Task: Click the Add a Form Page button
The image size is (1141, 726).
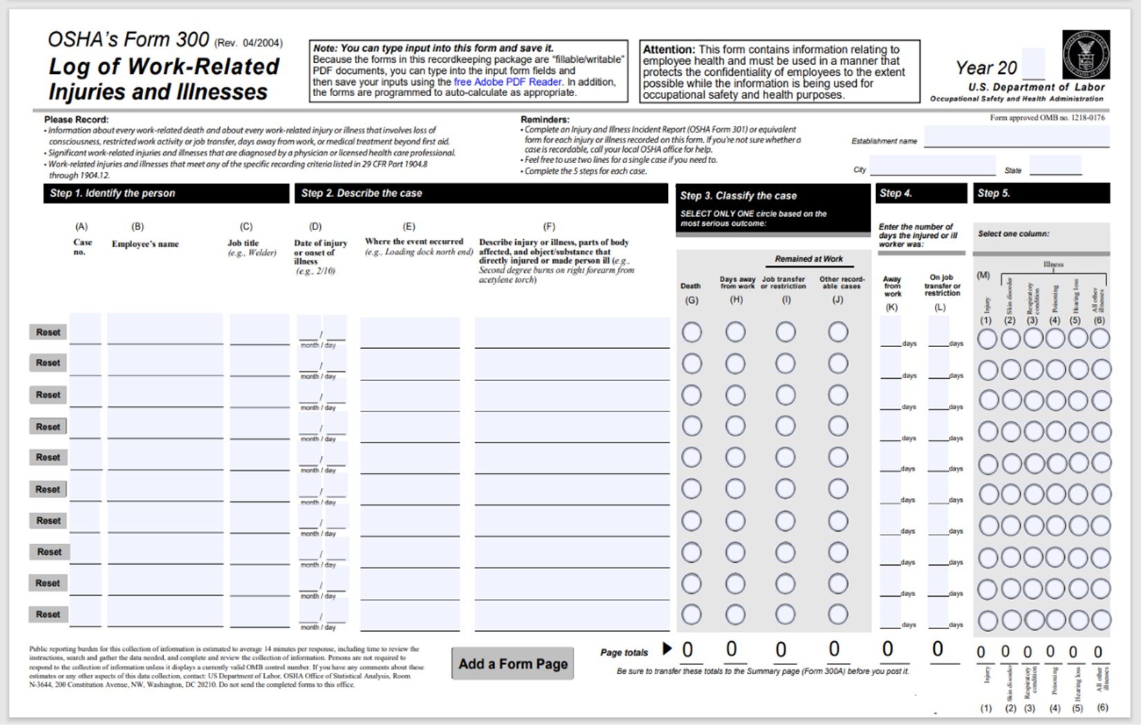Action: [x=512, y=664]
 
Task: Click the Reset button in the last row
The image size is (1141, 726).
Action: [x=48, y=614]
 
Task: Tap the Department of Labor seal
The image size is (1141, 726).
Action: [x=1086, y=55]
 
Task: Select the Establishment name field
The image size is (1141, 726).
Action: [x=1016, y=137]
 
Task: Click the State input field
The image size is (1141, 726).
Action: [x=1055, y=166]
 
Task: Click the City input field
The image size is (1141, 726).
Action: [x=931, y=167]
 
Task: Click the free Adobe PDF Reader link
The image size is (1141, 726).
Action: [x=507, y=82]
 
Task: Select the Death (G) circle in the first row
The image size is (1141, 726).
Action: [x=692, y=333]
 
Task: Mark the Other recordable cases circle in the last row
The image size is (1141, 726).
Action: [x=837, y=614]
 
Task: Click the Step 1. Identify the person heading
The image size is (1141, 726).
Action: [x=112, y=194]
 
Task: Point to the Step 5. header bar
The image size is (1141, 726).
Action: [x=1041, y=194]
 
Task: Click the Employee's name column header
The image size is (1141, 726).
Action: [x=145, y=244]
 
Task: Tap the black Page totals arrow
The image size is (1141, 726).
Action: [x=667, y=649]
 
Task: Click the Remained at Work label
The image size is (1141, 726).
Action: [x=808, y=259]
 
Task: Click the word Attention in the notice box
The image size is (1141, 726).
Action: [x=669, y=50]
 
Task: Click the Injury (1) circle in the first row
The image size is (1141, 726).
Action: [x=987, y=339]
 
